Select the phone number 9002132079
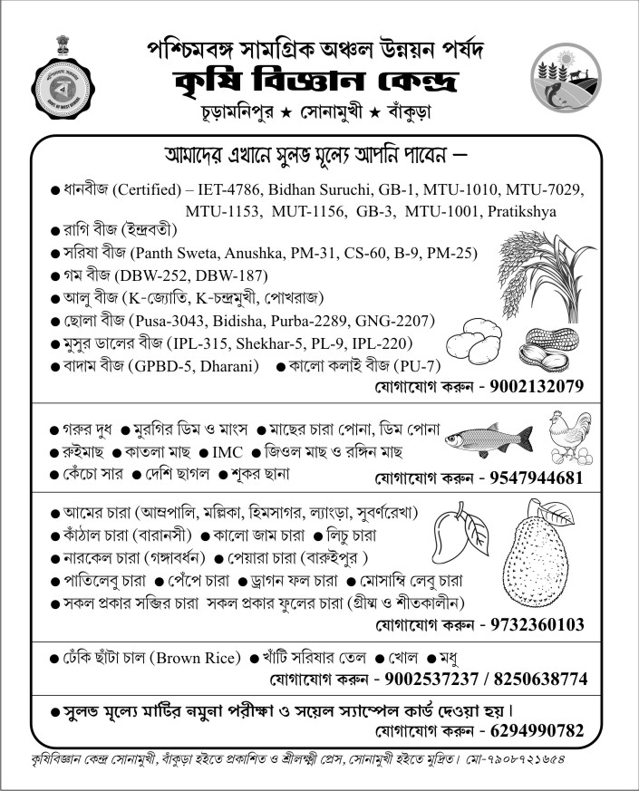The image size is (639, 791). (x=536, y=387)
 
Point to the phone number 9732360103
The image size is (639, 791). (x=536, y=624)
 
